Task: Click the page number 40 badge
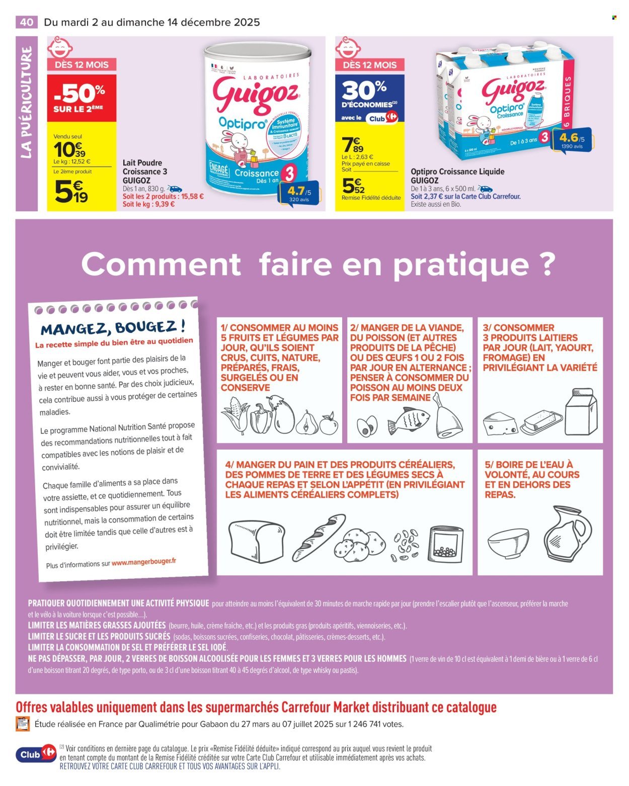click(x=27, y=22)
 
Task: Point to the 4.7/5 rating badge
click(x=299, y=195)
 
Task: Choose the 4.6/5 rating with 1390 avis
click(x=571, y=141)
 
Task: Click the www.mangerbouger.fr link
click(x=144, y=562)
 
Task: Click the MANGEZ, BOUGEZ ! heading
click(x=113, y=328)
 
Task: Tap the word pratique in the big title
click(x=459, y=264)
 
